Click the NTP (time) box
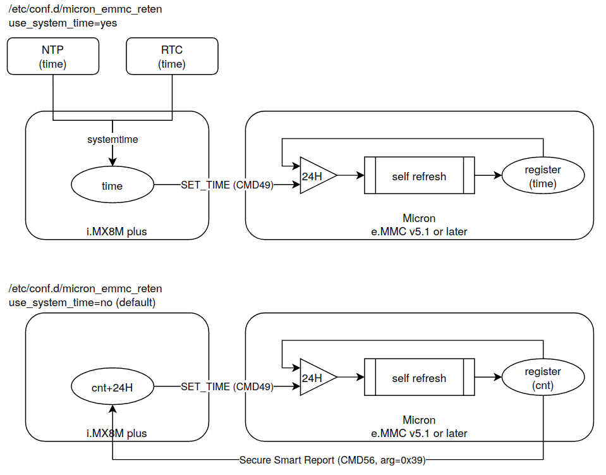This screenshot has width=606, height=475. point(52,56)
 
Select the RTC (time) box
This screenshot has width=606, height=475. point(172,56)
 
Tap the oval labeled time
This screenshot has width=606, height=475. point(112,186)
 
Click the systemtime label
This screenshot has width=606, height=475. point(112,139)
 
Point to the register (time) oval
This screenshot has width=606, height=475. point(543,176)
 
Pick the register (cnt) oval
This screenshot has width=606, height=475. point(543,378)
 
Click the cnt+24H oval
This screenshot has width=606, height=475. point(112,387)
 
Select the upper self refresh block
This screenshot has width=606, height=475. point(419,176)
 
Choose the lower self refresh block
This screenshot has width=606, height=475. point(419,378)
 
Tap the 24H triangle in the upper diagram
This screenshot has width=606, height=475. point(313,176)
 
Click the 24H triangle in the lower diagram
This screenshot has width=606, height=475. point(313,378)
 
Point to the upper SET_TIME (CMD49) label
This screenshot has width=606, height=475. point(227,185)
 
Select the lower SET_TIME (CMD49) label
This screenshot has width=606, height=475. point(227,387)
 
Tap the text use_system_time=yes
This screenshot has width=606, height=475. point(63,23)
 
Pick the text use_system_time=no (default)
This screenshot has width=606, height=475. point(82,302)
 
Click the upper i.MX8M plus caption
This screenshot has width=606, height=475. point(117,231)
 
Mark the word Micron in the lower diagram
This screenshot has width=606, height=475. point(419,420)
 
